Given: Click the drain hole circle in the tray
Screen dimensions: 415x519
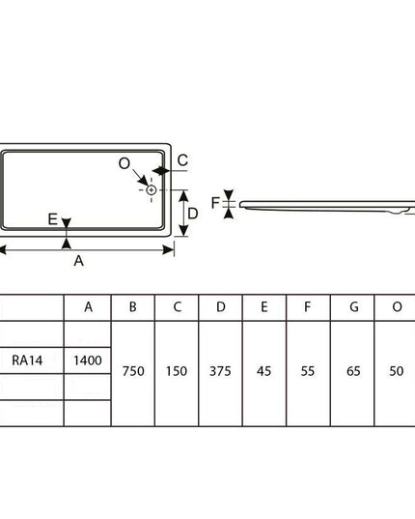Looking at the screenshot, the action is click(x=151, y=190).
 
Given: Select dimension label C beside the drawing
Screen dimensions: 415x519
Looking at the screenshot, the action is click(x=182, y=160).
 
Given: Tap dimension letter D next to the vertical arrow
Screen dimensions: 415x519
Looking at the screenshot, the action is click(x=193, y=214).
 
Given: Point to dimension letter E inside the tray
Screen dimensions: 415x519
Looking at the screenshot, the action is click(x=53, y=219).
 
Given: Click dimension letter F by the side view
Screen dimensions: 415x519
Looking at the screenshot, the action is click(x=215, y=203).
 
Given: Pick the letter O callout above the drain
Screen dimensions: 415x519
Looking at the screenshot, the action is click(x=124, y=163).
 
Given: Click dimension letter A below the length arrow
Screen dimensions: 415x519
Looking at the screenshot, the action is click(x=78, y=261).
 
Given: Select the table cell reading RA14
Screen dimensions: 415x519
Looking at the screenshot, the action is click(x=27, y=360).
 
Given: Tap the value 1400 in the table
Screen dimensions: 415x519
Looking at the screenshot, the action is click(x=88, y=360).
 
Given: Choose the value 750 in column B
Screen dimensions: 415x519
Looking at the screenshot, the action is click(x=133, y=371).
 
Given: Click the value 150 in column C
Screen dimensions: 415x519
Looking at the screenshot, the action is click(x=177, y=371).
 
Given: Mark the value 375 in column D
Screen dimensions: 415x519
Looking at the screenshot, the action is click(x=220, y=371).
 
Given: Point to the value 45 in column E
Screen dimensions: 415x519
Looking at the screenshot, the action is click(x=263, y=371).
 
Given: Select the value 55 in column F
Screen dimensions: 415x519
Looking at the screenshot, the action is click(x=308, y=371).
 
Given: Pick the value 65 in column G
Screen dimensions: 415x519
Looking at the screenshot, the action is click(x=353, y=371).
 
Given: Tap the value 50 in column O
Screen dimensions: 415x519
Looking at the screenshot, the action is click(x=396, y=371).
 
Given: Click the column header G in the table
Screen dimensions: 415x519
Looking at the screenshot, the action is click(x=354, y=307).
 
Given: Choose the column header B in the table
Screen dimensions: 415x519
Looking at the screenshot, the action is click(x=133, y=307).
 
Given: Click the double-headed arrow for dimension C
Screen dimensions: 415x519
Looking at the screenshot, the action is click(x=161, y=171).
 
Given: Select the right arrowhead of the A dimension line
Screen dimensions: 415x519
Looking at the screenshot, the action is click(x=169, y=250).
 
